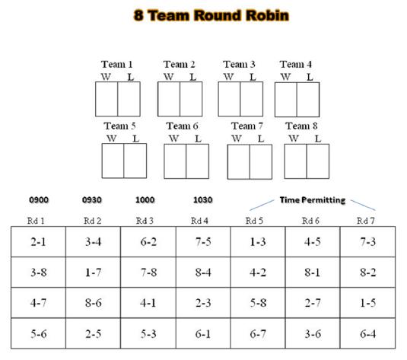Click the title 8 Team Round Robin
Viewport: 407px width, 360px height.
[x=211, y=15]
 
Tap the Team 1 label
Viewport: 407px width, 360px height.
[x=117, y=64]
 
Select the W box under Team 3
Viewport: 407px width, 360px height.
[x=229, y=99]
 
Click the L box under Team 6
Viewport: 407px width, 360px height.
[x=198, y=161]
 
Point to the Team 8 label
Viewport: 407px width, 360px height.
[x=301, y=126]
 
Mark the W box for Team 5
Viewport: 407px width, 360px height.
[x=113, y=161]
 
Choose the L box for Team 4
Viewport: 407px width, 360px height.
[x=308, y=100]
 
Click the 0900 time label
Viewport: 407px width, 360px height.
[x=39, y=199]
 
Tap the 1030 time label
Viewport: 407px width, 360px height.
[x=203, y=199]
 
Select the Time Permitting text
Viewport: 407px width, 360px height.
[x=313, y=200]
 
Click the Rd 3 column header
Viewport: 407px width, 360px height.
[x=145, y=221]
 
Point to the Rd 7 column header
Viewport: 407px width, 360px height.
[x=366, y=221]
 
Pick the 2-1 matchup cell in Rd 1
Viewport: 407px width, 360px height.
[x=38, y=242]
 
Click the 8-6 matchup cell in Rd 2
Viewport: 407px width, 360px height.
[x=93, y=303]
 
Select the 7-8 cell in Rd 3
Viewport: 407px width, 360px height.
[x=148, y=272]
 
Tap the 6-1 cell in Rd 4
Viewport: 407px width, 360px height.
[x=203, y=333]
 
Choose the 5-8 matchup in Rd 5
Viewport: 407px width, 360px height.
[x=258, y=303]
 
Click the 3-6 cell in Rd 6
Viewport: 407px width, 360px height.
[x=313, y=333]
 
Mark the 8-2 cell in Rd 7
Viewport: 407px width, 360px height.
[x=367, y=272]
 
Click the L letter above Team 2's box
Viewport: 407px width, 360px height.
[x=192, y=77]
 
